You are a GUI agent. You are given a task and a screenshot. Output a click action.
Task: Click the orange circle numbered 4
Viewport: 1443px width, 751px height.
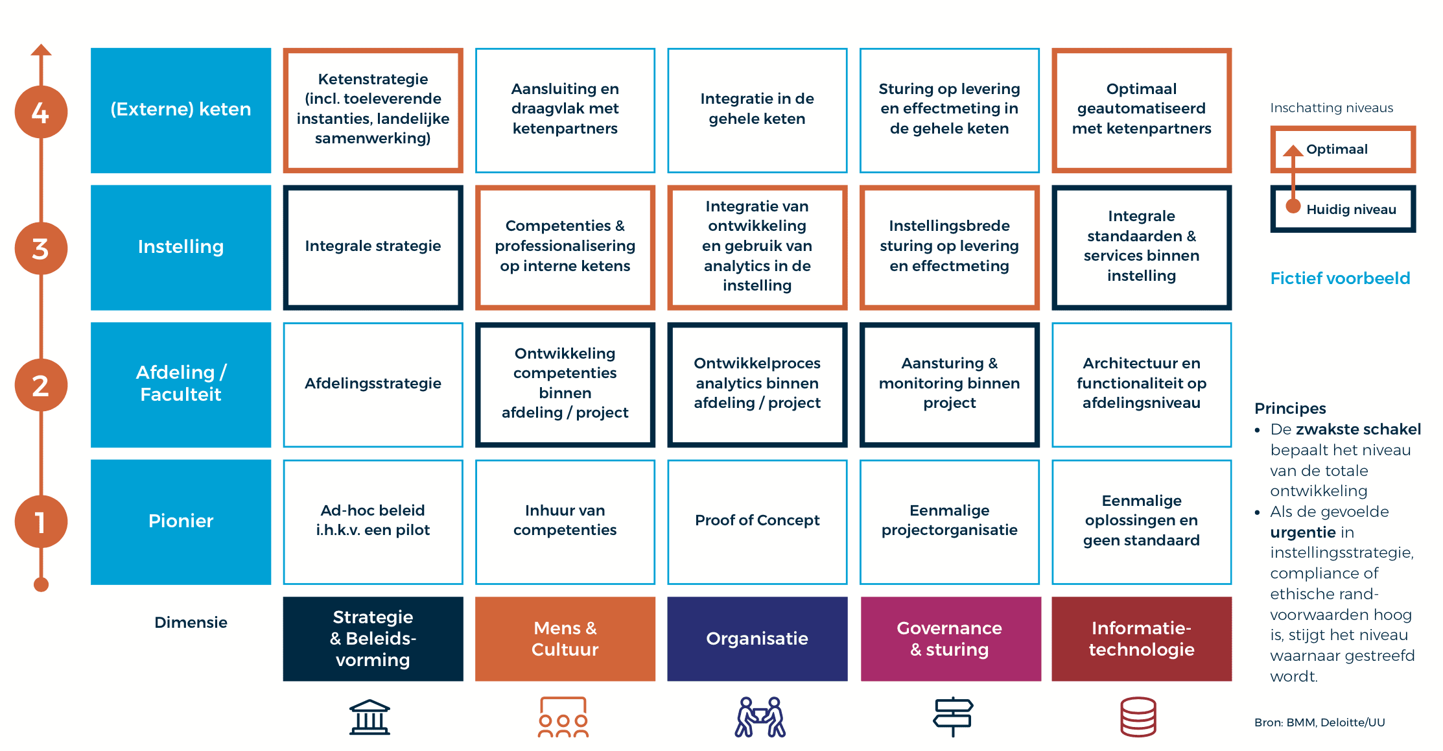41,112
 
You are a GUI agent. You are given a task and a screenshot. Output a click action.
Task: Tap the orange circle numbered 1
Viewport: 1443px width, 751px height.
41,521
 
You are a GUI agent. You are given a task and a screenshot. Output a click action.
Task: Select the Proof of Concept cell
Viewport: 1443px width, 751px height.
757,521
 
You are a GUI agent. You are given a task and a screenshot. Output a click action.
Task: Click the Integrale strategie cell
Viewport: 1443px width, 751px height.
373,247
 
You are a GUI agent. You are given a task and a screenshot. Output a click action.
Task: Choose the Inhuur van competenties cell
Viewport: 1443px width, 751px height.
565,521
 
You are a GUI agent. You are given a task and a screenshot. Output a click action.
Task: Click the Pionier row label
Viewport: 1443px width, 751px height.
181,521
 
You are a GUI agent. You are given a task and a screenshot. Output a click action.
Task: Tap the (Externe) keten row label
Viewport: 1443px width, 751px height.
181,110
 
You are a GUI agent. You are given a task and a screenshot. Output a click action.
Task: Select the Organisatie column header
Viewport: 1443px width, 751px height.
757,639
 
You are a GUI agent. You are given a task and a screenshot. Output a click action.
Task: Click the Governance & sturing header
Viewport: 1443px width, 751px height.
950,639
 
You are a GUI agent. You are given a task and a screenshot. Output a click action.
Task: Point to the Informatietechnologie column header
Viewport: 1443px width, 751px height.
1142,639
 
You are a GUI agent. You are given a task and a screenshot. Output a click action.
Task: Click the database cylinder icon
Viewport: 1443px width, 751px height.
1138,717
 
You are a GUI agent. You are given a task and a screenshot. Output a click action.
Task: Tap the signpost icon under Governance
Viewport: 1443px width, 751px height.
953,716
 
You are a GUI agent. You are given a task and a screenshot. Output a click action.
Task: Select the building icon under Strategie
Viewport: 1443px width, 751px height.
370,717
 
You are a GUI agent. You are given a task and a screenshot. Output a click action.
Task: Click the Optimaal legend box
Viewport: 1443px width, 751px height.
1343,150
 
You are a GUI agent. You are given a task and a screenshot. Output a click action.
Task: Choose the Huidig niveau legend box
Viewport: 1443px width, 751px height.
1343,209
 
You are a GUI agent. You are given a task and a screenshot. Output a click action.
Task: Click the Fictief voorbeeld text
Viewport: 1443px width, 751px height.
1340,278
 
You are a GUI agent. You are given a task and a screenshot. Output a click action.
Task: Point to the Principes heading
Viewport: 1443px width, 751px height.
1290,409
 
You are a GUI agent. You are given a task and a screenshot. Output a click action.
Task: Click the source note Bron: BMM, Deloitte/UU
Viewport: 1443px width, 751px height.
1319,722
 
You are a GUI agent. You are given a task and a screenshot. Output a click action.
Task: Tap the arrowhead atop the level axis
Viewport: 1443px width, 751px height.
41,50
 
